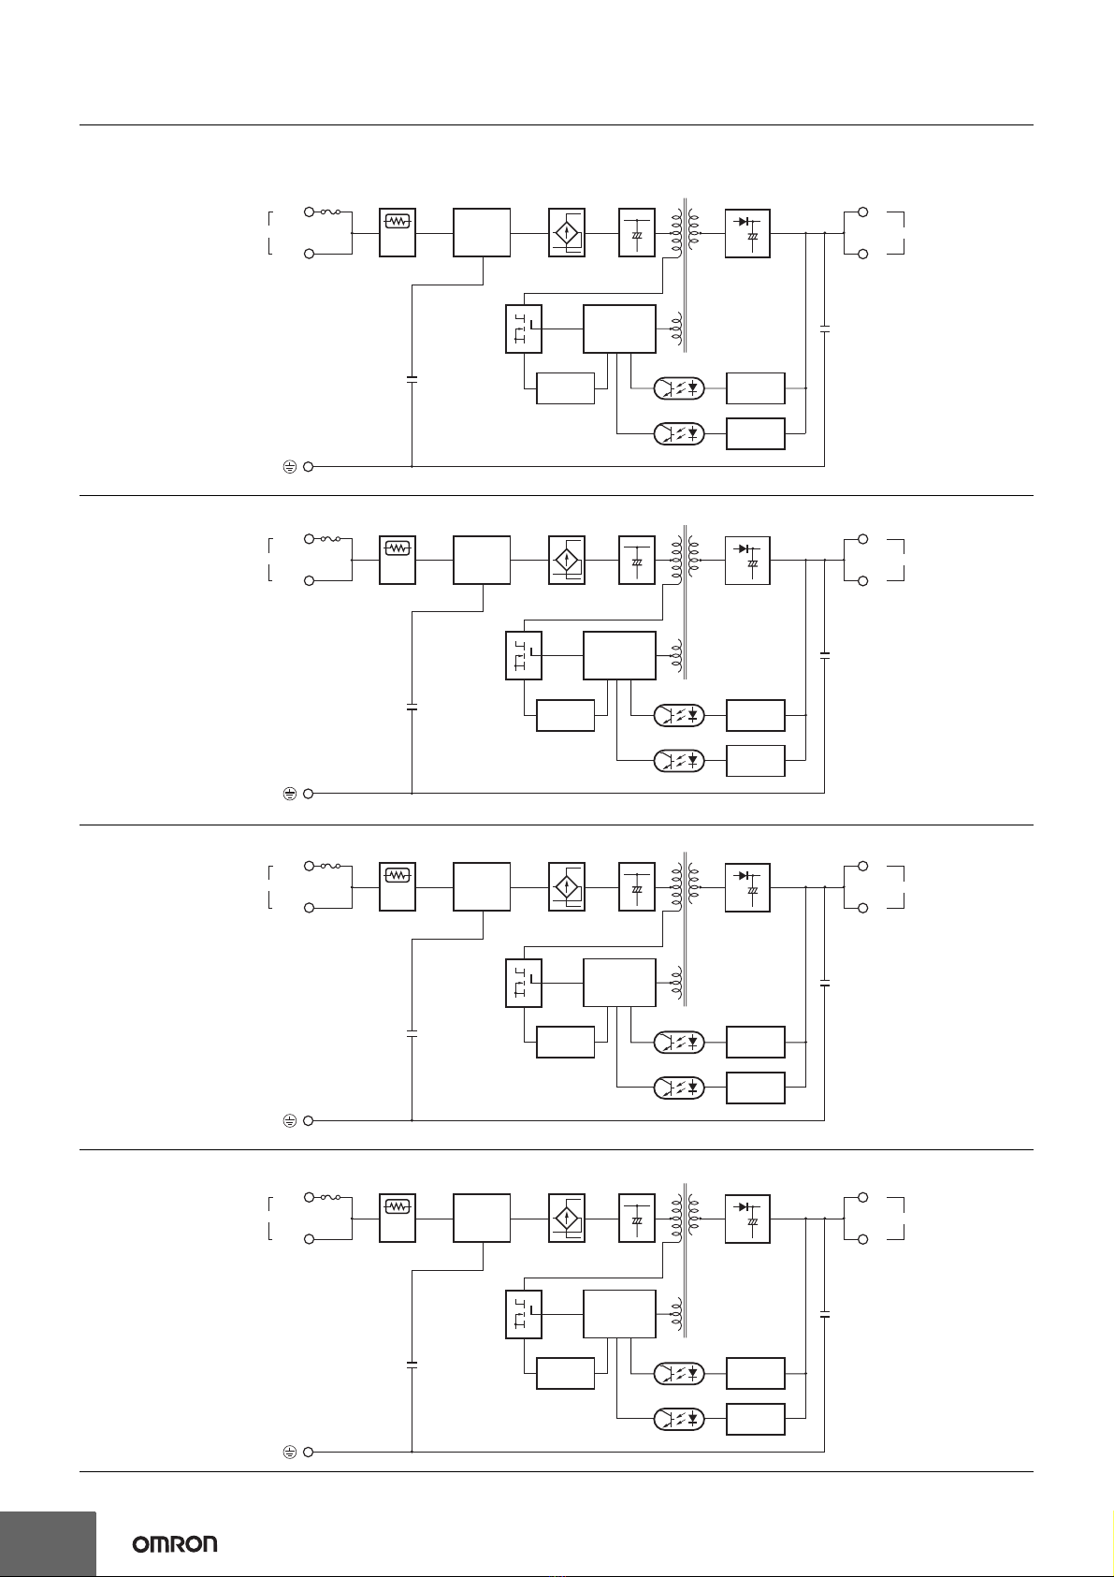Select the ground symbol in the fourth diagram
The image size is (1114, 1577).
289,1452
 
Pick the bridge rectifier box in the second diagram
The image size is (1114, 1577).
567,560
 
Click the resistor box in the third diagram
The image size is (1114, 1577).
398,887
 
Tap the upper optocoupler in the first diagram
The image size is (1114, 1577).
679,387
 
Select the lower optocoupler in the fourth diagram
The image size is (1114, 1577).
679,1419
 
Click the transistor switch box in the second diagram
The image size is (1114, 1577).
524,655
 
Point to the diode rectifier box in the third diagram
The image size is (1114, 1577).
747,887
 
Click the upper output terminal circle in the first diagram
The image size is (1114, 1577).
862,212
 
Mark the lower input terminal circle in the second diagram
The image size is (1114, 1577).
309,581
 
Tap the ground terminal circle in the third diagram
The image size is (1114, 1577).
308,1121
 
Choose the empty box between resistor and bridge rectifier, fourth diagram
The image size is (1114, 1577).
482,1218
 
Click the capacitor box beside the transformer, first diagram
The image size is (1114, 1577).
637,232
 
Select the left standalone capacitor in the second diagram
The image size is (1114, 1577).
412,707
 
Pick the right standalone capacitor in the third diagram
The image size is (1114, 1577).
825,983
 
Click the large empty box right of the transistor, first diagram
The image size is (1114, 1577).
619,329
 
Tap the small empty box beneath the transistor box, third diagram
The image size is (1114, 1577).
565,1042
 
